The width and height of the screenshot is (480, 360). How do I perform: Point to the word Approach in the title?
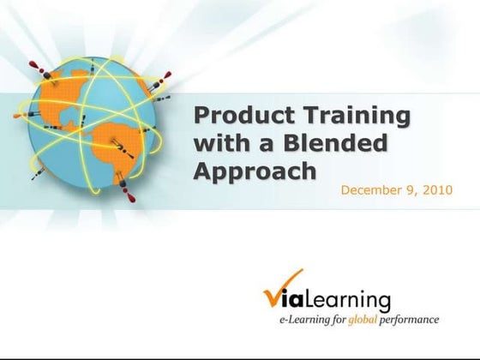pyautogui.click(x=255, y=171)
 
